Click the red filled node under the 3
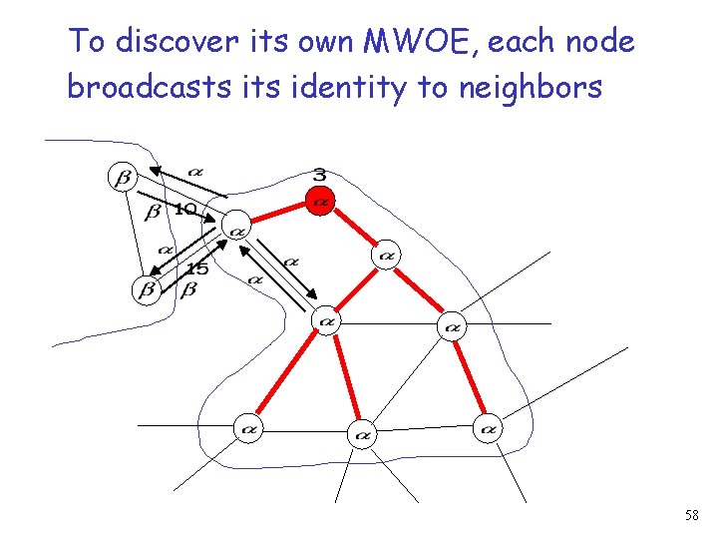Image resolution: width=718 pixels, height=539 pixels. [x=319, y=202]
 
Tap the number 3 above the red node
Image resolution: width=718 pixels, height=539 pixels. [x=319, y=176]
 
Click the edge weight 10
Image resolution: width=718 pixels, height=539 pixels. [x=184, y=210]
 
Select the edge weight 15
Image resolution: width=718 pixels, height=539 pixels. [x=197, y=269]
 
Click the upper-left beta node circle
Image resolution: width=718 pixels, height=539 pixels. [x=124, y=179]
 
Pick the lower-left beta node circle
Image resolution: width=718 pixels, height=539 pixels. [x=147, y=290]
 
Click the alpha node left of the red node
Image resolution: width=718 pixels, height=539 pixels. [x=236, y=230]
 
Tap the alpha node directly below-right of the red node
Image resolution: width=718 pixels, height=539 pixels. [x=385, y=256]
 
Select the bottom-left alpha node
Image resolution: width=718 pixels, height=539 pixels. [x=248, y=430]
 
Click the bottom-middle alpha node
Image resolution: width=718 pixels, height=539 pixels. [x=362, y=434]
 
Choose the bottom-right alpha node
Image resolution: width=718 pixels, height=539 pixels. [x=487, y=429]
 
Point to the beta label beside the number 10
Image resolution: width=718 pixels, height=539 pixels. [x=153, y=212]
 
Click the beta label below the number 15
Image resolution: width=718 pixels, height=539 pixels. [x=188, y=289]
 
